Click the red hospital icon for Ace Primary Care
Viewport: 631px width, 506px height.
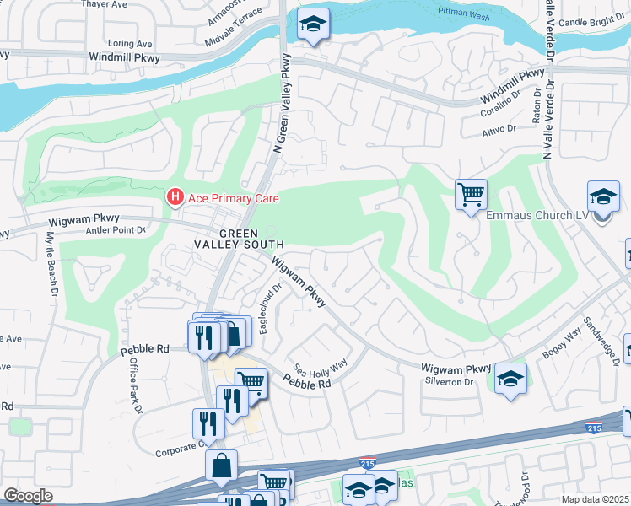click(x=175, y=198)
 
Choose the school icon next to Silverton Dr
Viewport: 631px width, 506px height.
click(x=510, y=379)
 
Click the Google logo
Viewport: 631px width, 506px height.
click(x=28, y=495)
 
